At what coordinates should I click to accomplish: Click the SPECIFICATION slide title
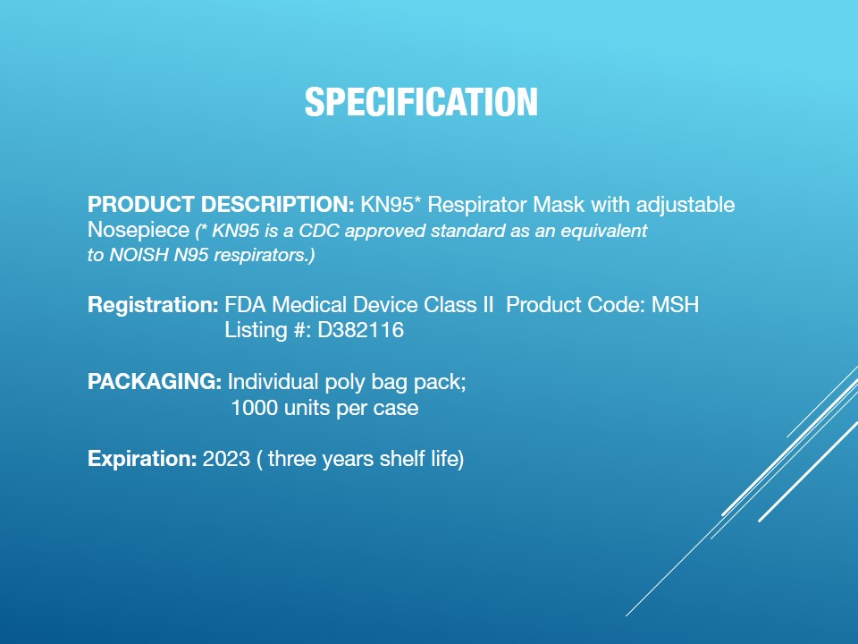click(421, 102)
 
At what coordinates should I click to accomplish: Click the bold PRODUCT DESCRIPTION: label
click(221, 204)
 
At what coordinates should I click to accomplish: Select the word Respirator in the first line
click(477, 205)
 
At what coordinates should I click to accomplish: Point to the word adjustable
click(686, 205)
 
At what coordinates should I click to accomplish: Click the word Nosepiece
click(139, 230)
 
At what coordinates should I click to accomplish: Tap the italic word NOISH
click(139, 255)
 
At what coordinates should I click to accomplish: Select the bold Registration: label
click(153, 304)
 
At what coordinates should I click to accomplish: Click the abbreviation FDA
click(246, 304)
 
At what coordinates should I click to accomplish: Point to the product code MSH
click(676, 304)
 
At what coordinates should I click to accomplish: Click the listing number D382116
click(360, 330)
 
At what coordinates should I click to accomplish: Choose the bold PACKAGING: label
click(155, 381)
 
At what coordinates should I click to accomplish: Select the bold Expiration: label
click(142, 458)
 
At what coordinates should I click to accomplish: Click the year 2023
click(226, 458)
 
